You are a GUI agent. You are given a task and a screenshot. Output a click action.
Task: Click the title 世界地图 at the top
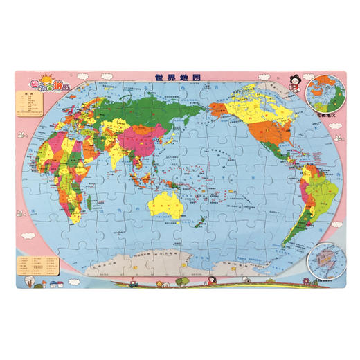179,78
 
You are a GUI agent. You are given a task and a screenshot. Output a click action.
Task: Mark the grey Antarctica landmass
180,261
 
